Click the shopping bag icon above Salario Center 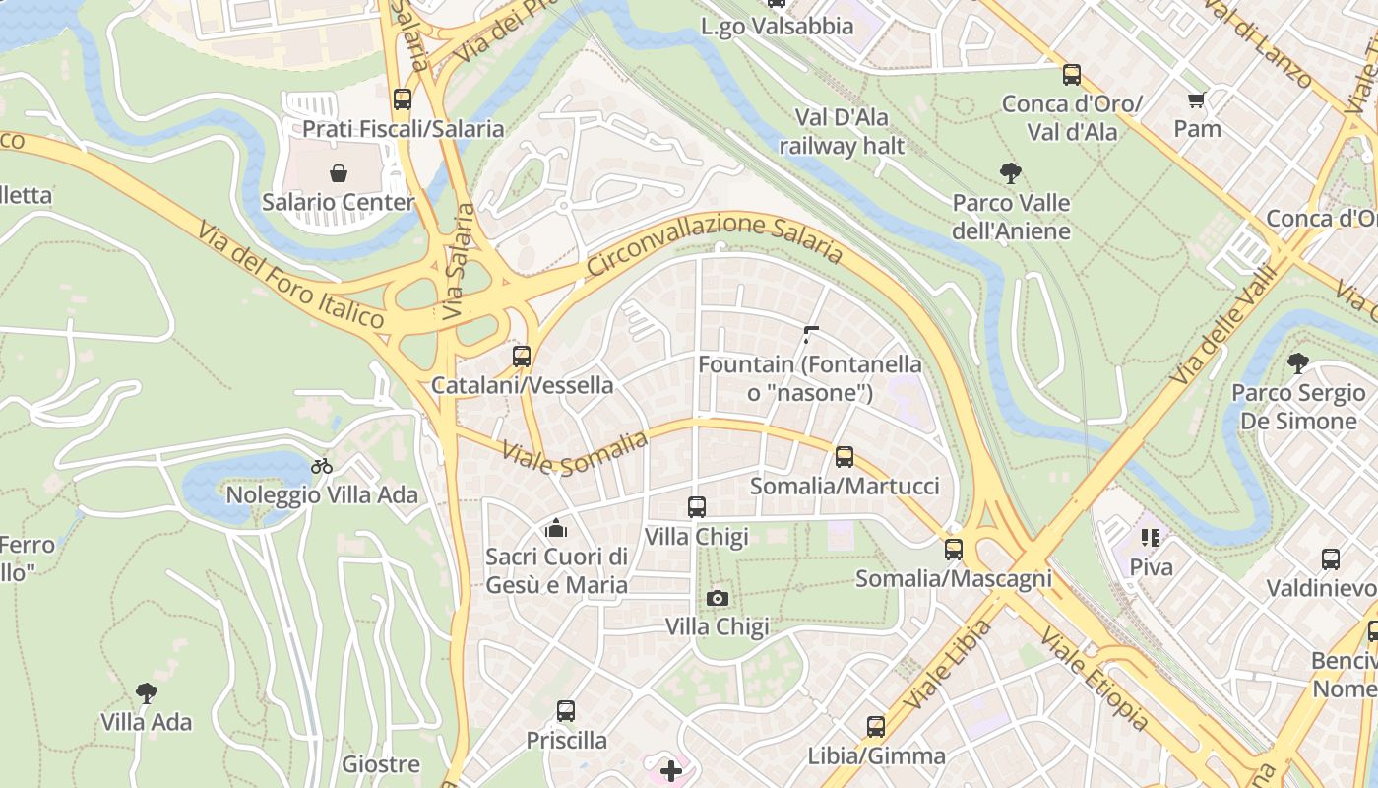click(339, 174)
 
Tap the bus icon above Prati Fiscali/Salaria click(402, 98)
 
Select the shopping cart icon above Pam click(1197, 99)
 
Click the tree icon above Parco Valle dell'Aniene click(1010, 174)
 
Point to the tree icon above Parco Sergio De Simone click(1298, 363)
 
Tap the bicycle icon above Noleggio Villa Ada click(322, 466)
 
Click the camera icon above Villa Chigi click(717, 598)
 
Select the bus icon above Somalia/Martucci click(844, 457)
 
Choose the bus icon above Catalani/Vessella click(522, 357)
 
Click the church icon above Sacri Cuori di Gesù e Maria click(556, 529)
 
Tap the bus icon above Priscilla click(565, 711)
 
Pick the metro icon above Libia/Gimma click(875, 727)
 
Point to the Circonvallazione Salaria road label click(715, 239)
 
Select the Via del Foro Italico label click(290, 275)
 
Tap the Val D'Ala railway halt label click(842, 132)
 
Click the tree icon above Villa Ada click(147, 693)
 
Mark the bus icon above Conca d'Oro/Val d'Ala click(1071, 75)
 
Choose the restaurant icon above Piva click(1151, 538)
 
